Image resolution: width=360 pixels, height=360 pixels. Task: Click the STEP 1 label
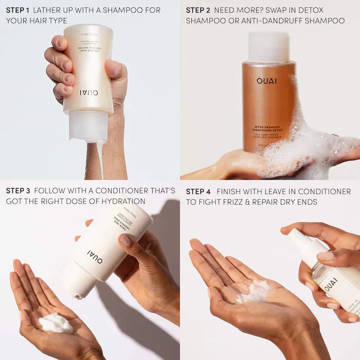17,10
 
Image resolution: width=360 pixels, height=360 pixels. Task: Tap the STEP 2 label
197,10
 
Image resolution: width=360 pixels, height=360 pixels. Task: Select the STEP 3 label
18,191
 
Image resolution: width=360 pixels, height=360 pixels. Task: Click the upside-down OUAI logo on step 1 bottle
88,93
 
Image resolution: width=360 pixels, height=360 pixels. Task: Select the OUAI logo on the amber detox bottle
267,81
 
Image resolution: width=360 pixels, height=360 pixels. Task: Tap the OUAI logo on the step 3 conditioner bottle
95,256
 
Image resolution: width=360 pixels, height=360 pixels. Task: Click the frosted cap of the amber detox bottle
268,47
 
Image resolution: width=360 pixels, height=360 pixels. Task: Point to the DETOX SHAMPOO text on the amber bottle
266,127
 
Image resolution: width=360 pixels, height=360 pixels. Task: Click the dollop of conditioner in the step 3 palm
56,323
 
